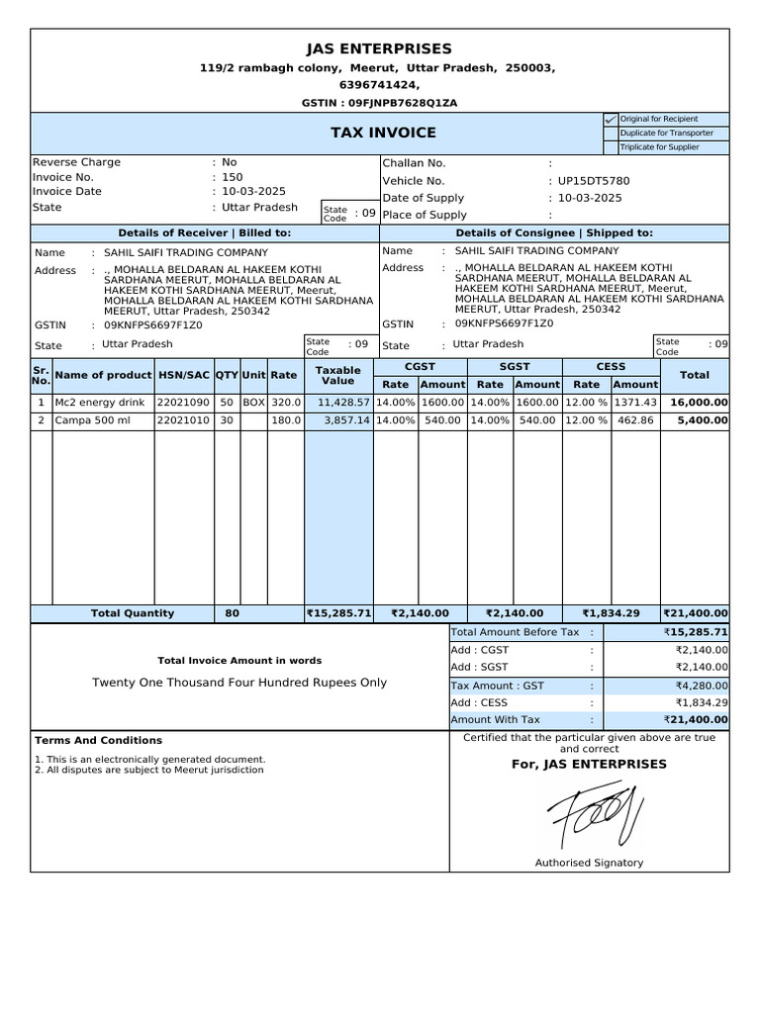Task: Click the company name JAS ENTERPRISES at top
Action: point(380,48)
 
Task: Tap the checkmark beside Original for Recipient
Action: point(610,119)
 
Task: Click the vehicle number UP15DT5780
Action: point(594,181)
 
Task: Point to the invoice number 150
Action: point(233,177)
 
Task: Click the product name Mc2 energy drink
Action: point(100,403)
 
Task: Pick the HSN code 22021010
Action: point(183,420)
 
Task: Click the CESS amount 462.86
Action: point(634,420)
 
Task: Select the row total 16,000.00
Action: point(699,403)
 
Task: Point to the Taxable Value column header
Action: point(338,375)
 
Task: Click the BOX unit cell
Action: point(254,403)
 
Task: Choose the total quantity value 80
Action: point(233,613)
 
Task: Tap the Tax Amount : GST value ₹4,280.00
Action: point(702,685)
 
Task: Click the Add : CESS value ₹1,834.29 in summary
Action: point(702,702)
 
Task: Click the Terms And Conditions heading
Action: point(98,740)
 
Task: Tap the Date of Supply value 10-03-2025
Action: point(590,198)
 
